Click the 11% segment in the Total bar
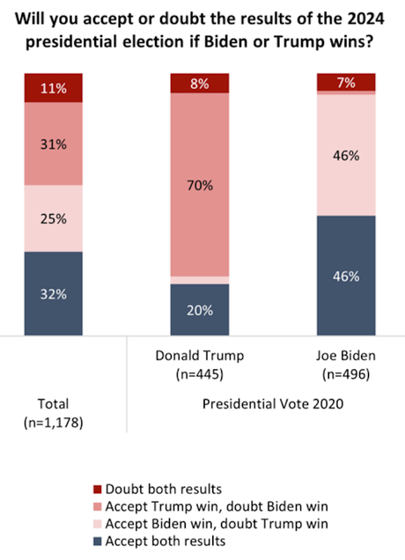[x=53, y=89]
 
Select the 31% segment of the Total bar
[x=53, y=144]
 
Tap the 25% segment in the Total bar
[x=53, y=217]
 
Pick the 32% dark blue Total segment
[x=53, y=293]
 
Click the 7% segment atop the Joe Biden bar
[x=345, y=82]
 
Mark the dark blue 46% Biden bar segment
[x=345, y=275]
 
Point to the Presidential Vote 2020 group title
[x=272, y=407]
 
